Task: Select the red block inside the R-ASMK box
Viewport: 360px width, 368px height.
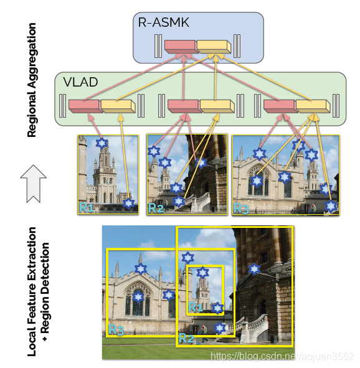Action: point(179,46)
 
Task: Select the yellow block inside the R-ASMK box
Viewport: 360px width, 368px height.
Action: point(214,46)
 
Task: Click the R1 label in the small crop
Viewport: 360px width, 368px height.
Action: point(86,207)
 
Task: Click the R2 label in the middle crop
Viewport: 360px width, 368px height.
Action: point(156,208)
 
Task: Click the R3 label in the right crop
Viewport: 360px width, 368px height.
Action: point(241,208)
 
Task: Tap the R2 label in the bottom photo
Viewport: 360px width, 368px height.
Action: point(186,338)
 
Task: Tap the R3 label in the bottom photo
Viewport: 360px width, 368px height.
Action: point(116,329)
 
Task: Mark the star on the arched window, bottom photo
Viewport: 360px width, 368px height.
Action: point(138,298)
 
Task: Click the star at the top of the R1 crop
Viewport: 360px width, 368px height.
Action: point(102,143)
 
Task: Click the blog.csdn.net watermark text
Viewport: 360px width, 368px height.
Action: point(283,356)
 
